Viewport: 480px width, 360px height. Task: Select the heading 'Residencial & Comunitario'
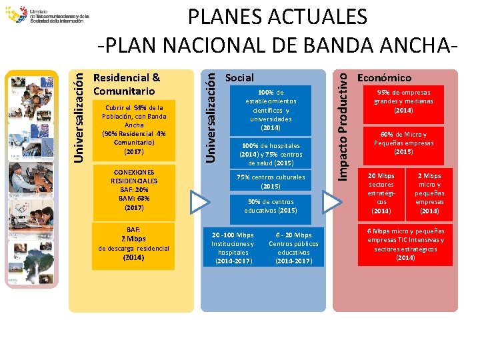pos(127,84)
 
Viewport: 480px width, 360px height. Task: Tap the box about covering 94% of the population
pos(133,129)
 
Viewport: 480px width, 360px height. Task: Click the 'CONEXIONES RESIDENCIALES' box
pos(133,189)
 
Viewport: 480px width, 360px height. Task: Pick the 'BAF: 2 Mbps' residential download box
pos(133,243)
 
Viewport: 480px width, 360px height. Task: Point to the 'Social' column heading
pos(239,78)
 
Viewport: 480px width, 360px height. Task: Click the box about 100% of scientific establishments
pos(271,109)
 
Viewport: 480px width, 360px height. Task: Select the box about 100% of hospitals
pos(271,154)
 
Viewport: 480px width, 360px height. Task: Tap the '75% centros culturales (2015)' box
pos(271,181)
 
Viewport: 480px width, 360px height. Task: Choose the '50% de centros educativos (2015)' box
pos(271,206)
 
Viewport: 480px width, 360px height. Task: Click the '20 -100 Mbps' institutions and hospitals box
pos(233,248)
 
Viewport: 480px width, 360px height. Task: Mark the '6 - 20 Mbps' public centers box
pos(293,248)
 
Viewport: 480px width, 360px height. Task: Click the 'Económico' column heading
pos(385,78)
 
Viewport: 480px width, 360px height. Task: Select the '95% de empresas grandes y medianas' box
pos(403,101)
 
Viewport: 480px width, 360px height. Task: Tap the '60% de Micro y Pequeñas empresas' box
pos(403,143)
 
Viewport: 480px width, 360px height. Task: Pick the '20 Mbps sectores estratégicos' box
pos(381,193)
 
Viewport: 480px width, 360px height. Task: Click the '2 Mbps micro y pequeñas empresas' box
pos(429,193)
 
